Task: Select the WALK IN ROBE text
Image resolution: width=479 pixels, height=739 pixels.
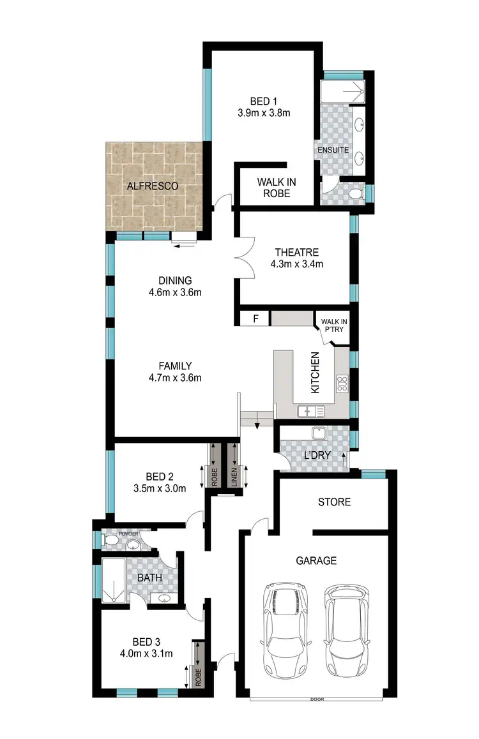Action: tap(277, 188)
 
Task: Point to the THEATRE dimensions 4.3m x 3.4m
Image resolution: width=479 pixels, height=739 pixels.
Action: tap(296, 264)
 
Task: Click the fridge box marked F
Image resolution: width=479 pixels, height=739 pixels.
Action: tap(256, 318)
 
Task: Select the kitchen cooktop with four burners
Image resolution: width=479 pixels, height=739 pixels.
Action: tap(342, 384)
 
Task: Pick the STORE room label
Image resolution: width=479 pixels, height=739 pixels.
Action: tap(334, 502)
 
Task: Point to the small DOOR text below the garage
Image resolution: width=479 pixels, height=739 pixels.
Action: tap(317, 699)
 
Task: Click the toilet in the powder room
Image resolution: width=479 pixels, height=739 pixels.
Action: tap(111, 542)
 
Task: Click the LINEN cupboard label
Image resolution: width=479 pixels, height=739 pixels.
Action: tap(234, 477)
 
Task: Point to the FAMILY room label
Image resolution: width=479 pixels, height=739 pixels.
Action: tap(176, 366)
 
